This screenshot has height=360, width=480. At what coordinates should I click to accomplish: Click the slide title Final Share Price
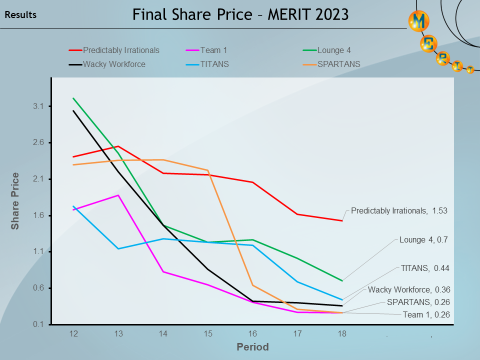(240, 14)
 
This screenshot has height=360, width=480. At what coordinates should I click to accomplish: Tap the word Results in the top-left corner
(20, 15)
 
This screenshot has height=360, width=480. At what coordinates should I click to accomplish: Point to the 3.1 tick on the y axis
(39, 106)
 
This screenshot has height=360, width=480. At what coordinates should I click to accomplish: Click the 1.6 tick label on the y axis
(39, 215)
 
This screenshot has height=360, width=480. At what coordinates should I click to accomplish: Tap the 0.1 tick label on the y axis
(39, 324)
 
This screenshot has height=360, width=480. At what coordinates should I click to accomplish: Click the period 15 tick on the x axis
(207, 333)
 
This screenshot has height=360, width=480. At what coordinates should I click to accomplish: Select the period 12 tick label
(73, 333)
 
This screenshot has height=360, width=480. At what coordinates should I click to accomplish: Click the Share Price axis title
(15, 201)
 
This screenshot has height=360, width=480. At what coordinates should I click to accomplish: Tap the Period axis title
(252, 347)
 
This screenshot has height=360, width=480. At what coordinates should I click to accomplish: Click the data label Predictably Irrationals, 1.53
(399, 211)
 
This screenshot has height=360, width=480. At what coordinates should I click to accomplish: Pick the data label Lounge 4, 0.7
(423, 240)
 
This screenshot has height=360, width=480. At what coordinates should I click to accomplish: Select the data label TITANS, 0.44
(425, 268)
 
